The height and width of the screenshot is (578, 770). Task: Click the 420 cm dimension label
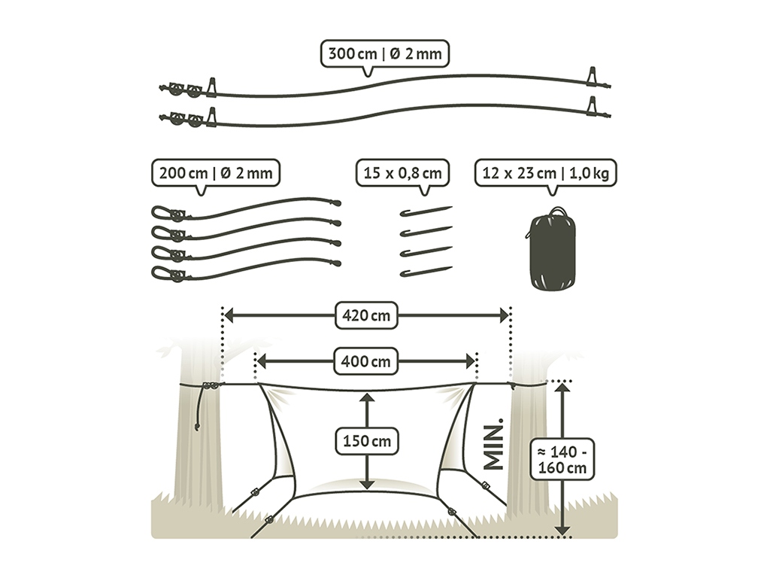[366, 316]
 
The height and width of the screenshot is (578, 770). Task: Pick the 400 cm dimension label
[366, 361]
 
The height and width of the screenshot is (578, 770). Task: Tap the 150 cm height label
[367, 441]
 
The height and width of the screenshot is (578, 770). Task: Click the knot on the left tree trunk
[211, 387]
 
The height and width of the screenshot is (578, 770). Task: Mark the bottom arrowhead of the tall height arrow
[562, 531]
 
